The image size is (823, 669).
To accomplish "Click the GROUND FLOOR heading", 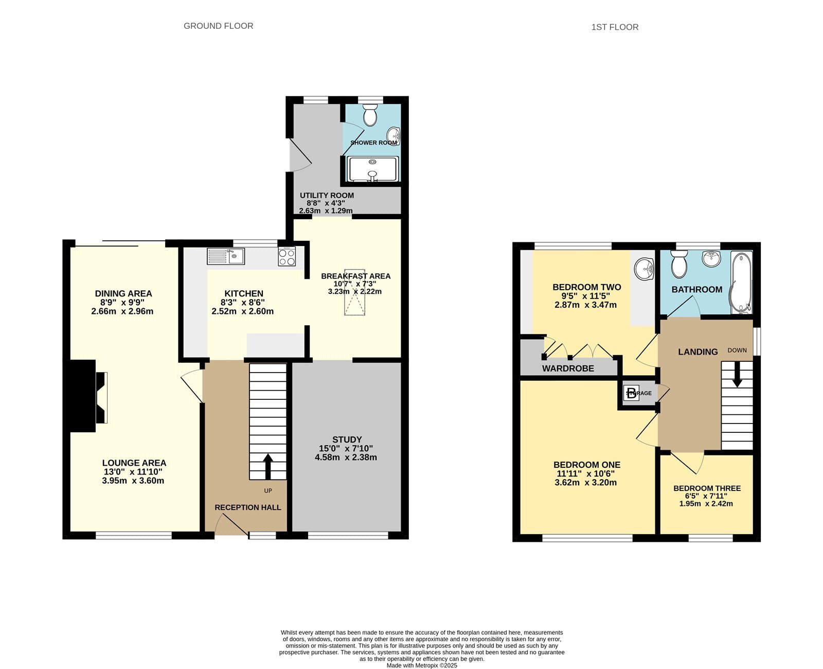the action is [x=218, y=26].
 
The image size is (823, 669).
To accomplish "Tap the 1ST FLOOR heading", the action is [x=615, y=27].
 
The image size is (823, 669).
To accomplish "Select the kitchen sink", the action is [x=226, y=256].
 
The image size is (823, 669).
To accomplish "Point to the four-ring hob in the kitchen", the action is [x=287, y=256].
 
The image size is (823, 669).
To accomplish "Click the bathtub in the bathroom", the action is [x=741, y=282].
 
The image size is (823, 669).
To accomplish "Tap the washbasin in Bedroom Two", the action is [x=644, y=269].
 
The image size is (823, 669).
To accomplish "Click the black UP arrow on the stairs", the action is [x=268, y=466].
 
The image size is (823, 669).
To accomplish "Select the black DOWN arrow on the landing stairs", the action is [x=737, y=374].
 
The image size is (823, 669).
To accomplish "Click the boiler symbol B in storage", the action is [x=632, y=394].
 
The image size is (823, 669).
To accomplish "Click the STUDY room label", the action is [x=347, y=439].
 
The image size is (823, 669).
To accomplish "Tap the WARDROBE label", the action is [x=568, y=368].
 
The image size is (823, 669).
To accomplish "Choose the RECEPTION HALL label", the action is [x=248, y=507].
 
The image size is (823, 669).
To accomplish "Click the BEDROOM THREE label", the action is [x=707, y=488].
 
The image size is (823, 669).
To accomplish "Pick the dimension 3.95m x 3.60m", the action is [x=133, y=481].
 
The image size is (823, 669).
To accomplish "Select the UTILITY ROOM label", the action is [x=327, y=196].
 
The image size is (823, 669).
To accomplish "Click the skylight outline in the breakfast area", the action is [x=355, y=292].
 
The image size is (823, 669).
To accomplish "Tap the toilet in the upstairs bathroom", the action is [x=679, y=264].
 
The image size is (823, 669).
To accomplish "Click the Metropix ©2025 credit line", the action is [x=422, y=665].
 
